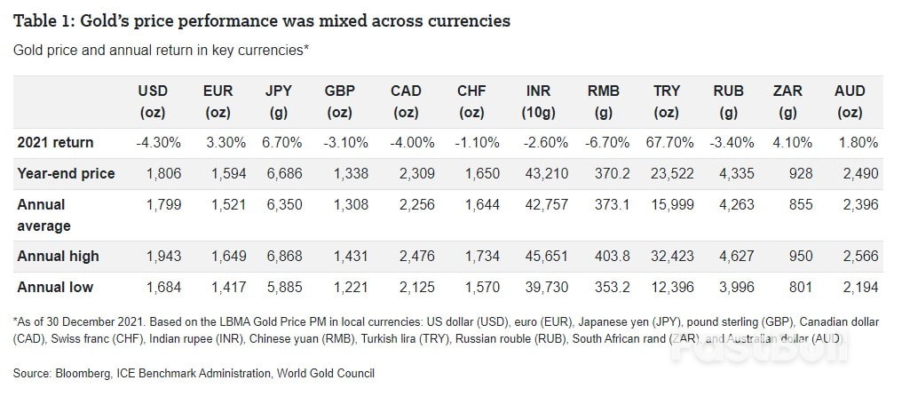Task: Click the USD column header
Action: point(153,101)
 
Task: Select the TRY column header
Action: point(667,101)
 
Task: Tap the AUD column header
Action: point(850,101)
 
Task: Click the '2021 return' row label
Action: point(55,142)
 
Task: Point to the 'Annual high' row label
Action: point(59,256)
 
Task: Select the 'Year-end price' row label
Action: point(67,173)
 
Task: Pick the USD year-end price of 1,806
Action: point(163,173)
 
